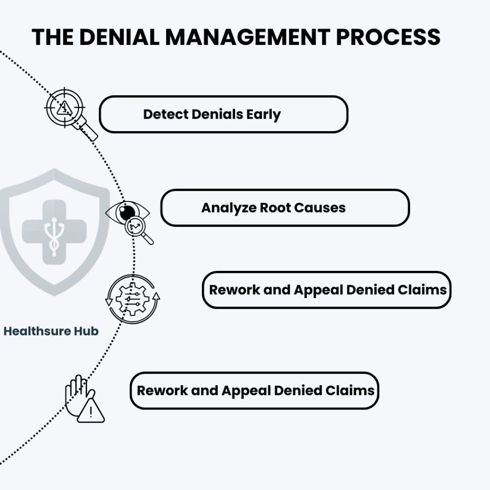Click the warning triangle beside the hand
point(90,411)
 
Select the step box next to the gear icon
point(326,290)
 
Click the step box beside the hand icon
point(255,390)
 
